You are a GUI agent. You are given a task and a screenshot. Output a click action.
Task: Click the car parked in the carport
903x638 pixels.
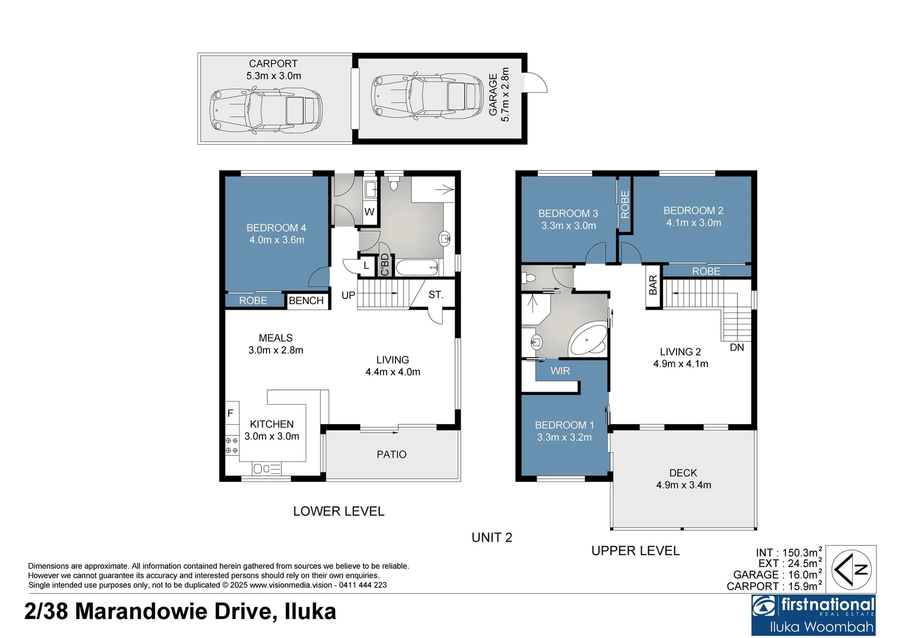[266, 110]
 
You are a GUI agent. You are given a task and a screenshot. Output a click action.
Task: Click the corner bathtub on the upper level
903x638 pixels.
[587, 340]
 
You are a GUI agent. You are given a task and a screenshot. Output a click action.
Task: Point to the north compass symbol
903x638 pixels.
[850, 569]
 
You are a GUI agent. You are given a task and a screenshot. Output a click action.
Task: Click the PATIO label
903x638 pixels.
[391, 454]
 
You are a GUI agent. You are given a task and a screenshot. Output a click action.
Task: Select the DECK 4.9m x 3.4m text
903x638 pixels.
[683, 479]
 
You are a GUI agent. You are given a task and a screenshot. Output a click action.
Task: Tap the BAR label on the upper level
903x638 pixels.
[653, 285]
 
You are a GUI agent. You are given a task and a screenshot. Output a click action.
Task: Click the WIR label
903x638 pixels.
[560, 371]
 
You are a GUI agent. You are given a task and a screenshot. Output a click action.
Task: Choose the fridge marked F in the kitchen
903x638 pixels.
[230, 414]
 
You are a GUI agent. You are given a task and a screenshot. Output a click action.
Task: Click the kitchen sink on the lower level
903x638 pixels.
[267, 469]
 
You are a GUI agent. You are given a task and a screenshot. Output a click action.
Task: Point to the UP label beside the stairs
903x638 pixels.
[348, 295]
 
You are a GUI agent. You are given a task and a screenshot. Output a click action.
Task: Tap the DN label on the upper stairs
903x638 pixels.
[736, 347]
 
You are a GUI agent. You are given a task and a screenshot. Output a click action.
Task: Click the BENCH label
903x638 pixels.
[306, 301]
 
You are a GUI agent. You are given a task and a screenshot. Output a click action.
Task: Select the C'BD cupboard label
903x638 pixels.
[385, 265]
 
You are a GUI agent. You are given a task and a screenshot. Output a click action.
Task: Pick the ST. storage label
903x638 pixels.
[436, 295]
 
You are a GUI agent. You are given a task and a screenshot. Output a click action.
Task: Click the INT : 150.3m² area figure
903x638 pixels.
[787, 553]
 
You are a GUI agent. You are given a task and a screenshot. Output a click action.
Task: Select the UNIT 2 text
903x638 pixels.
[492, 538]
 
